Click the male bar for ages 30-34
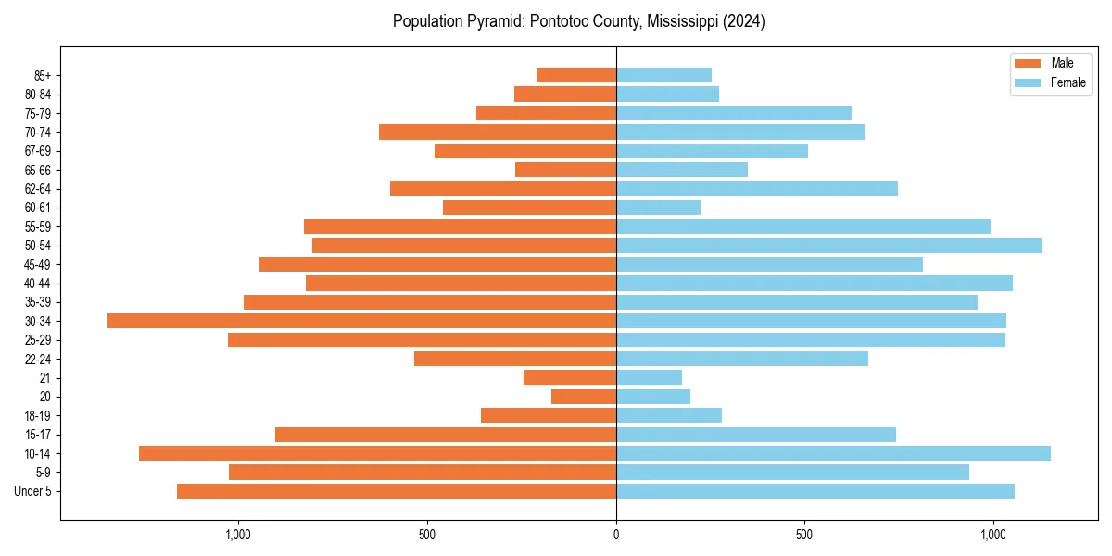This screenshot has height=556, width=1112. (x=361, y=321)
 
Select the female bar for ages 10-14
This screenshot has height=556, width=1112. (x=833, y=453)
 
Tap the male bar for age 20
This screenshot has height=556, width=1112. (x=584, y=397)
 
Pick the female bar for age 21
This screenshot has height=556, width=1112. (x=649, y=377)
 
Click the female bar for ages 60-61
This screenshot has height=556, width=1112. (x=658, y=208)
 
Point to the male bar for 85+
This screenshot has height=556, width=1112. (x=576, y=75)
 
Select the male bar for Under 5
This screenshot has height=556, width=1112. (x=397, y=491)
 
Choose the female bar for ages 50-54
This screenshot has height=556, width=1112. (x=829, y=246)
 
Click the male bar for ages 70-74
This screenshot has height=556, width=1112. (x=498, y=132)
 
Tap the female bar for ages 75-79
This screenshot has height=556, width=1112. (x=734, y=113)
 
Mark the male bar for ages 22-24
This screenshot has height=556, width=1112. (x=515, y=359)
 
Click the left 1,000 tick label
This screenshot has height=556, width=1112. (x=238, y=535)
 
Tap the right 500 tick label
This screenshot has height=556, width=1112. (x=804, y=535)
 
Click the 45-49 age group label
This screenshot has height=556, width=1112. (x=38, y=264)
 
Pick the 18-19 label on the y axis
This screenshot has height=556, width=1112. (x=38, y=415)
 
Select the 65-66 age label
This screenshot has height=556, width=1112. (x=38, y=170)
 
